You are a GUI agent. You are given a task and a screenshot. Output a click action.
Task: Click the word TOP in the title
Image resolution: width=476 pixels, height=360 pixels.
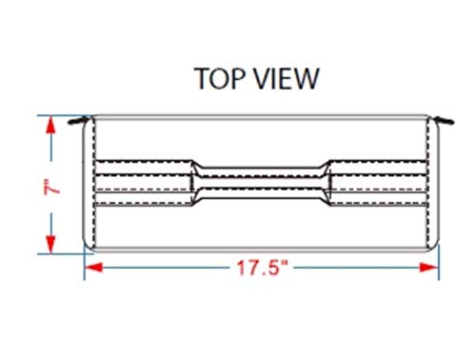tap(220, 78)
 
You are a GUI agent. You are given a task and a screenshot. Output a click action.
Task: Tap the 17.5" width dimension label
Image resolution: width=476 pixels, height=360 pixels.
tap(262, 268)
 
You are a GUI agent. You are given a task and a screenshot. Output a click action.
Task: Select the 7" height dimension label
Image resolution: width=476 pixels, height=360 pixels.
tap(51, 187)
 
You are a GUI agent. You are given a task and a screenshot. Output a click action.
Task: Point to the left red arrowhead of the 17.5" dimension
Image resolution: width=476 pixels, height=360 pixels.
tap(94, 268)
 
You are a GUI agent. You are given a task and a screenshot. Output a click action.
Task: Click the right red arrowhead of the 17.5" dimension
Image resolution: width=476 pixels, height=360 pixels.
tap(429, 268)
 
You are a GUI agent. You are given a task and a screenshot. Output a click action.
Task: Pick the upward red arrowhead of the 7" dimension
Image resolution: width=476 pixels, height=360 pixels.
tap(50, 125)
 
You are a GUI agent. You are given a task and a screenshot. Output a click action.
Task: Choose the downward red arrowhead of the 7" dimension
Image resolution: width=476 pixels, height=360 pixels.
tap(50, 245)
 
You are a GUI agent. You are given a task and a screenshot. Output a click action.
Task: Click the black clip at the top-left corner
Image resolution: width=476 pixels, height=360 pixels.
tap(78, 121)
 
